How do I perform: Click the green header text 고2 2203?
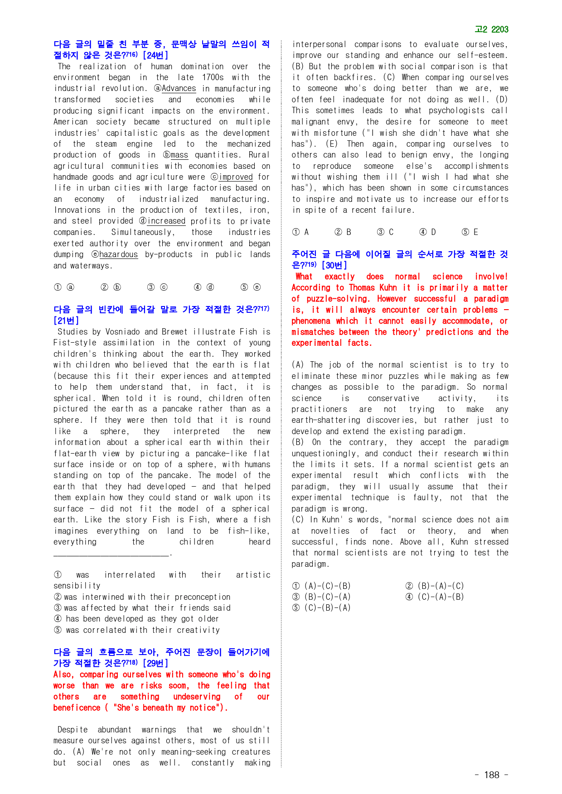click(491, 29)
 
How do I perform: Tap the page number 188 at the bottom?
click(491, 775)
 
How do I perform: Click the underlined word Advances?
click(179, 88)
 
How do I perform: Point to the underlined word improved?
click(236, 177)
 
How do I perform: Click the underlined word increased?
click(166, 221)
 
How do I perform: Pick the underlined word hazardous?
click(118, 254)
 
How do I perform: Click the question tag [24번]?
click(155, 55)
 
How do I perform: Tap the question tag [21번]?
click(66, 320)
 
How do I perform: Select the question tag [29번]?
click(155, 663)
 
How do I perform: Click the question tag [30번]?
click(334, 265)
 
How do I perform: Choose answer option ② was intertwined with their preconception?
click(142, 597)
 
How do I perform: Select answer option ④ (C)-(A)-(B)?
click(435, 597)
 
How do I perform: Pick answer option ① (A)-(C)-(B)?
click(321, 586)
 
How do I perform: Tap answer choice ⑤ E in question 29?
click(470, 232)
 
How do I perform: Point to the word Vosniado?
click(124, 332)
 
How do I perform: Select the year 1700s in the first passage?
click(213, 77)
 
